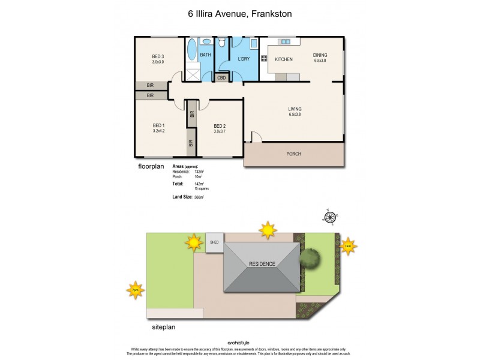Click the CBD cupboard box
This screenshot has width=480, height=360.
(221, 77)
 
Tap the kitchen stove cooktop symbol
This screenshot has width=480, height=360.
(263, 59)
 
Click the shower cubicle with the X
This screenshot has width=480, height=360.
(193, 74)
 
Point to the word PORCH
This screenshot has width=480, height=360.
(293, 154)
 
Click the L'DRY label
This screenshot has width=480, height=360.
(244, 58)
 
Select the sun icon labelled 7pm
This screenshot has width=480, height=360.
(136, 290)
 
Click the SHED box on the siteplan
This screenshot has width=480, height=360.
(214, 242)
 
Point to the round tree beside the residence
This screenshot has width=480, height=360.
(310, 259)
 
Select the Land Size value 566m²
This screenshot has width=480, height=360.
(199, 197)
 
